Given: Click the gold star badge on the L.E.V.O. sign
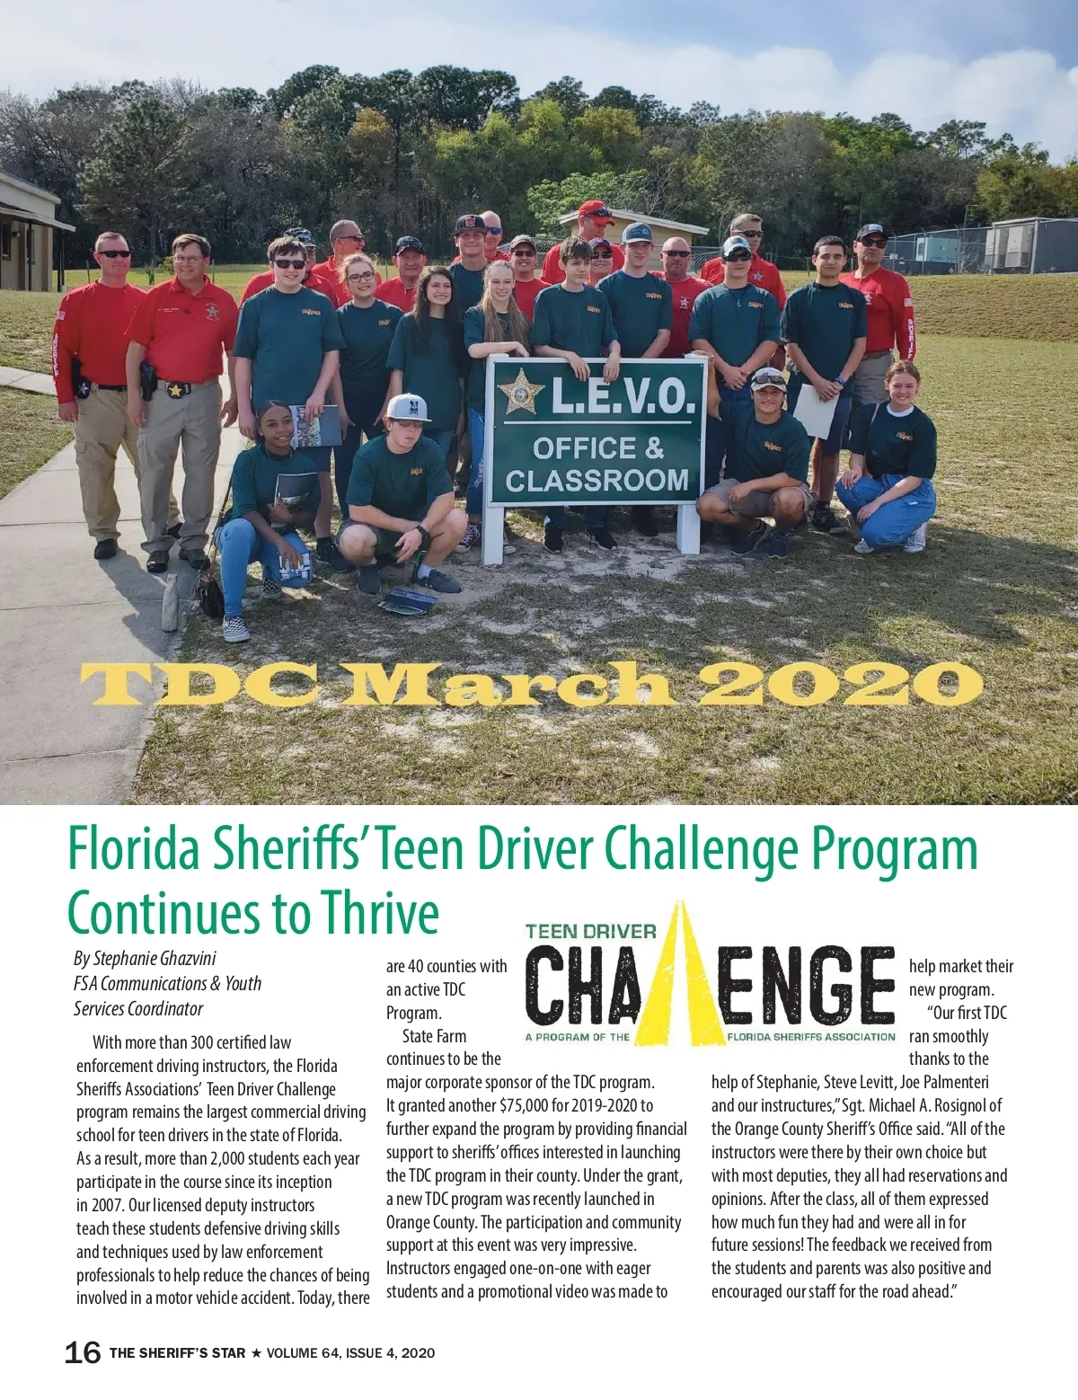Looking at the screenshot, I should click(x=520, y=393).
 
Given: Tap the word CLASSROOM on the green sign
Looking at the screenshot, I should click(x=596, y=481).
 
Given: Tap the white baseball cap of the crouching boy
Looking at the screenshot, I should click(x=409, y=406).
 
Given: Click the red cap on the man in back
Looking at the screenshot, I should click(x=595, y=212).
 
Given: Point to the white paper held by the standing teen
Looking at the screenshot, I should click(x=816, y=411).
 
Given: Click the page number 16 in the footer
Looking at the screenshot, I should click(x=83, y=1352).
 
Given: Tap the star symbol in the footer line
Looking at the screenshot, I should click(x=256, y=1353).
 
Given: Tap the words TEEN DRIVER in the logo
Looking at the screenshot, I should click(x=590, y=932).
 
